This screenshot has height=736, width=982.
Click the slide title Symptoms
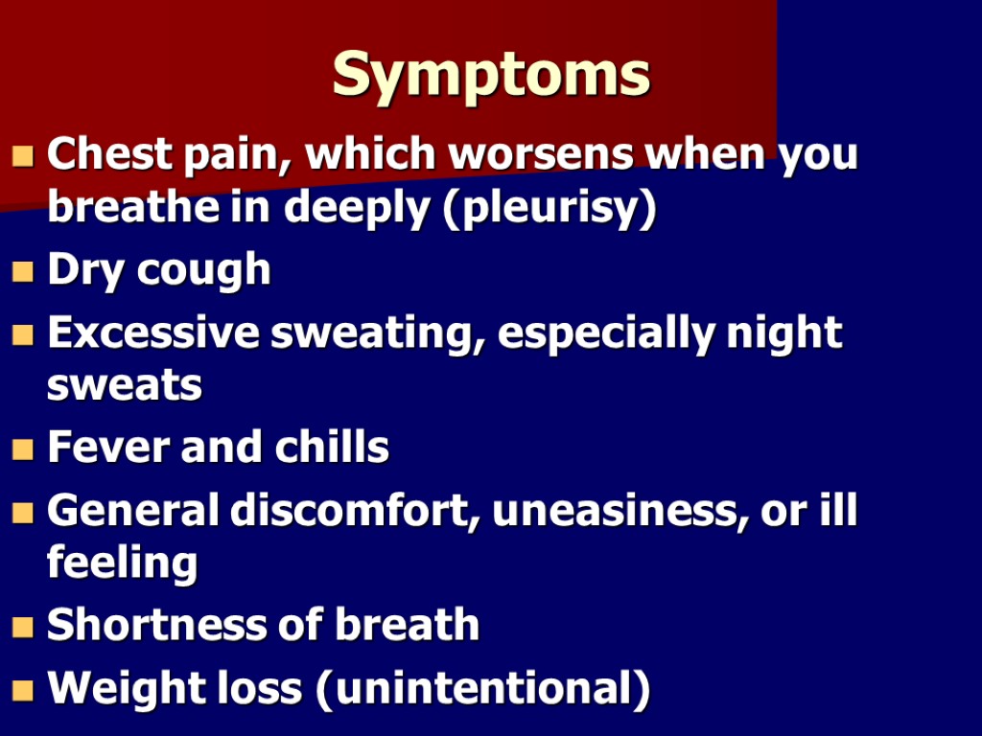(x=491, y=74)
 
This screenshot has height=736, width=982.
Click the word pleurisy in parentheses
(x=549, y=209)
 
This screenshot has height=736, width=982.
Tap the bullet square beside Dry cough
(x=23, y=273)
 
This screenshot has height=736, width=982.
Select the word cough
(x=204, y=271)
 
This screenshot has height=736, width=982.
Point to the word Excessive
(x=152, y=333)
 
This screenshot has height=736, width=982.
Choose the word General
(x=131, y=511)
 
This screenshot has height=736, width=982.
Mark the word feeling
(x=122, y=563)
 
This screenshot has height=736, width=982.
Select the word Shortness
(x=152, y=626)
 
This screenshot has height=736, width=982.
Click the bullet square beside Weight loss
(x=23, y=690)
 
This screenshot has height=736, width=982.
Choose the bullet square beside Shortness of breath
(x=23, y=628)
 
